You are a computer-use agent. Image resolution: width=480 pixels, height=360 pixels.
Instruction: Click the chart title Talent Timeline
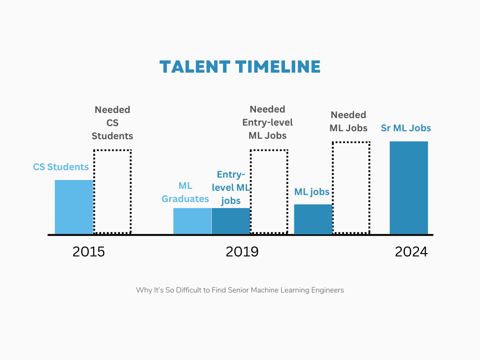[x=240, y=67]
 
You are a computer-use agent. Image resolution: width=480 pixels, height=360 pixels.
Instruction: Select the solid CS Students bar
[x=74, y=207]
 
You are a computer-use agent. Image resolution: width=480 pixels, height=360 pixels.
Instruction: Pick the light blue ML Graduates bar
[x=192, y=221]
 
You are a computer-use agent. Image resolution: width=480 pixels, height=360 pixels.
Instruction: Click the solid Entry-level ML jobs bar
[x=231, y=221]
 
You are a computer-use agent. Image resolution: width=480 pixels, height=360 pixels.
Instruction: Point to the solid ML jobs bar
[x=313, y=219]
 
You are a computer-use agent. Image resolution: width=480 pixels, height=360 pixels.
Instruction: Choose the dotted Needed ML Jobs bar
[x=351, y=187]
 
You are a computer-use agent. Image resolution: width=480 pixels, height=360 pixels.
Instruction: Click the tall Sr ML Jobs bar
[x=409, y=187]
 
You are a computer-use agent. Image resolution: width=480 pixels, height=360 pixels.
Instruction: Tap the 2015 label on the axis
[x=89, y=252]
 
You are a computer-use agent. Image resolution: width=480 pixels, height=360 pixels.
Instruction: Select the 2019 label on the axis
[x=242, y=252]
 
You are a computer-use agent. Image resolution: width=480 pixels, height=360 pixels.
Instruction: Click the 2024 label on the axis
[x=411, y=252]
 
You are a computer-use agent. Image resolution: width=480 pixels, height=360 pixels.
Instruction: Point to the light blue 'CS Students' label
[x=60, y=167]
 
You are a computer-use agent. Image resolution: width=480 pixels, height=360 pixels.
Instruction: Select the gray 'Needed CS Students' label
[x=112, y=123]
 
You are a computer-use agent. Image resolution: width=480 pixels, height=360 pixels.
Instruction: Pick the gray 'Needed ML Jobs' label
[x=349, y=121]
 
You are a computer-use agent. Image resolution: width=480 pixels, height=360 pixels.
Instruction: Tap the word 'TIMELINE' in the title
[x=281, y=67]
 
